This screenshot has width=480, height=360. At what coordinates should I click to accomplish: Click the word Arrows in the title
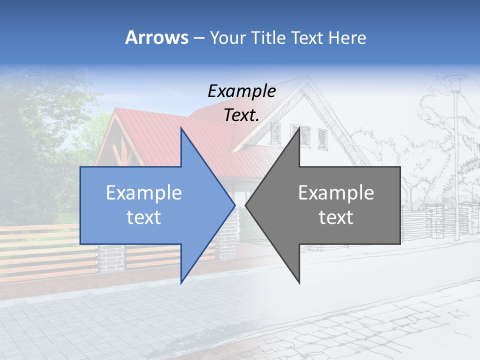coord(156,37)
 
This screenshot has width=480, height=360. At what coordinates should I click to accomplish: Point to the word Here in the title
coord(347,37)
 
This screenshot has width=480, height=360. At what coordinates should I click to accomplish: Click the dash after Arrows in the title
coord(198,38)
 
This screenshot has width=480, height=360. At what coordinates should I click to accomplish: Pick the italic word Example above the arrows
coord(241,91)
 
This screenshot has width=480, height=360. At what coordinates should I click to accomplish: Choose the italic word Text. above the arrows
coord(241,115)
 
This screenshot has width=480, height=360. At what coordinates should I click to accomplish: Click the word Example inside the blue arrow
coord(143,193)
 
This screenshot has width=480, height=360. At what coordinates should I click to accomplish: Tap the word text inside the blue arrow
coord(143,217)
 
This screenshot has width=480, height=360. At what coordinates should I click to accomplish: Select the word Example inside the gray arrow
coord(336,193)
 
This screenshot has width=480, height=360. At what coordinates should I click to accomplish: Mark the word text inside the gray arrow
coord(336,217)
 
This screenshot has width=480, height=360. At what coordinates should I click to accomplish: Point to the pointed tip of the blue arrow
coord(234,205)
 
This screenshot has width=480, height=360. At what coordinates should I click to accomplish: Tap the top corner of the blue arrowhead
coord(181,128)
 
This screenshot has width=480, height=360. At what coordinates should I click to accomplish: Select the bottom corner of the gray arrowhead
coord(299,283)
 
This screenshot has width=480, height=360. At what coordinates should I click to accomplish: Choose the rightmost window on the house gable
coord(322,138)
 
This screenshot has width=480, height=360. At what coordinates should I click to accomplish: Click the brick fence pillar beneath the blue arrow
coord(110,257)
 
